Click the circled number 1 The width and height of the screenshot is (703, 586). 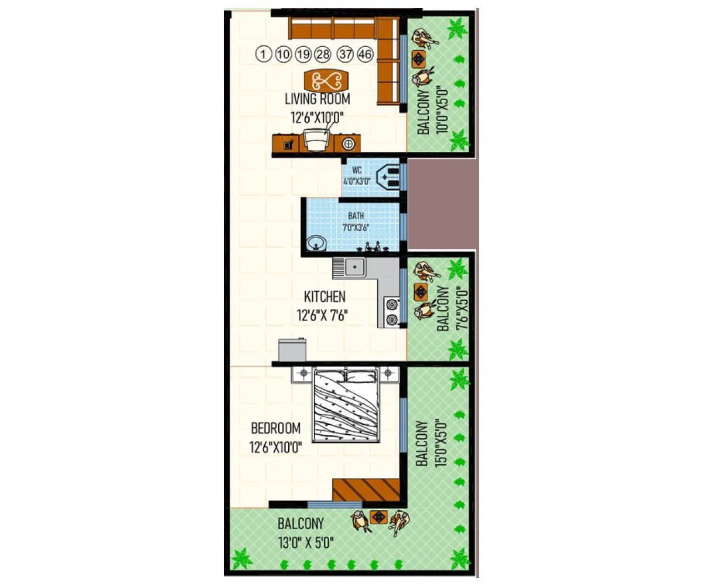264,54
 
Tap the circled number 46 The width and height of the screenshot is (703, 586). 365,54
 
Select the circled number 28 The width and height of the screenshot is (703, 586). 323,54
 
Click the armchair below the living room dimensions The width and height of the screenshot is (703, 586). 316,141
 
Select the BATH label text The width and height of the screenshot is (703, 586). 356,216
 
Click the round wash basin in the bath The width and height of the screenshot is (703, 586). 317,242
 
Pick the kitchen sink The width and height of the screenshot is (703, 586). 354,268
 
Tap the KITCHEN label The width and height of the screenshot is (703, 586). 324,297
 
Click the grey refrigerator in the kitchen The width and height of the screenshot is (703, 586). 292,350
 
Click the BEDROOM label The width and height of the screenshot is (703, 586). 275,428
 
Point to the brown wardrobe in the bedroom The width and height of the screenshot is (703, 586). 366,489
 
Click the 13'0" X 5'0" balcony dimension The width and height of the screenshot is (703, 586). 306,542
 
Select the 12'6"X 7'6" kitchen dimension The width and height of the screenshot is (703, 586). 323,316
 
